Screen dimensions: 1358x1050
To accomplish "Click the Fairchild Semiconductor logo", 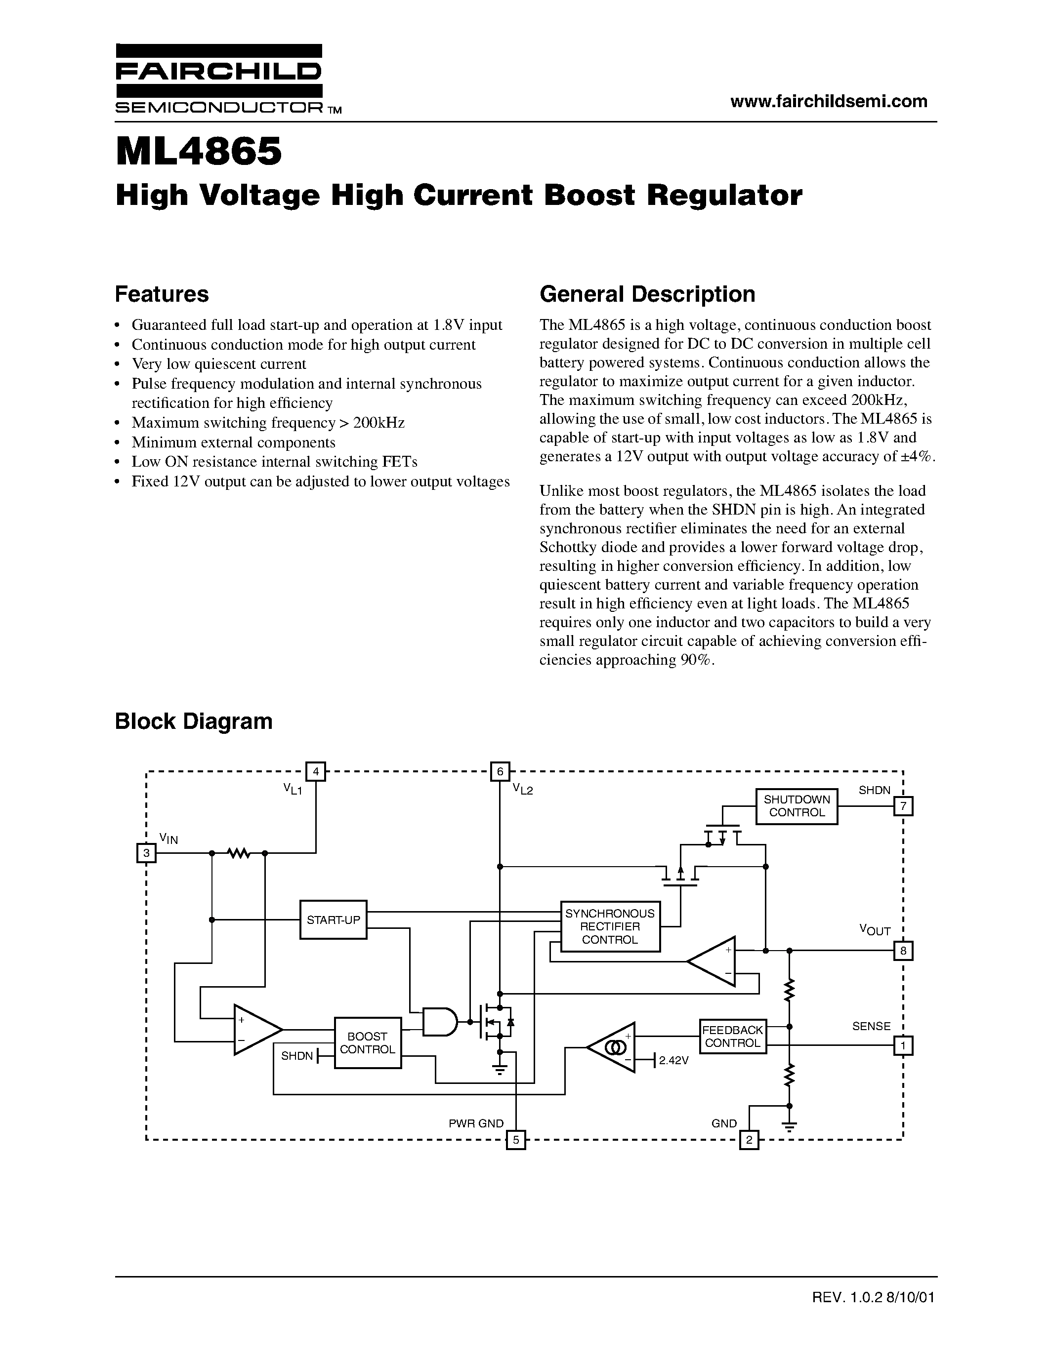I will [x=219, y=79].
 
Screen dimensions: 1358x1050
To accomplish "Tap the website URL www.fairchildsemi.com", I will [x=829, y=101].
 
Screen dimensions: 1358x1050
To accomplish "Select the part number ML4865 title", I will [x=199, y=152].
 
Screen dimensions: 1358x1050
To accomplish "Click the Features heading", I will [x=162, y=294].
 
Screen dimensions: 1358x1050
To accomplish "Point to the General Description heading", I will [x=647, y=294].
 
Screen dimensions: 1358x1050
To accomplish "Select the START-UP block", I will [x=333, y=919].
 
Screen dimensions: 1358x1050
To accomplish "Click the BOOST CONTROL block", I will [x=368, y=1043].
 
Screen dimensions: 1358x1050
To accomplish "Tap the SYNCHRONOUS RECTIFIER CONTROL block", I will [x=610, y=926].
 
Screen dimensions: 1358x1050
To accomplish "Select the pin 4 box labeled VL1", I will [x=316, y=772].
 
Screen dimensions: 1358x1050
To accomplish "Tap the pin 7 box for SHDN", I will [x=903, y=806].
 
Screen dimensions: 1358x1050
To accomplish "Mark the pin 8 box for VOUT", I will [x=903, y=951].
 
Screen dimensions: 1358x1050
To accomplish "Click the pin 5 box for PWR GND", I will [x=516, y=1140].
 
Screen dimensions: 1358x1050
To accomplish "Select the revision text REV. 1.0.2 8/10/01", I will [x=873, y=1298].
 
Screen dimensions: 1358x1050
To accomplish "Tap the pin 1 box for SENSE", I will [x=903, y=1046].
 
